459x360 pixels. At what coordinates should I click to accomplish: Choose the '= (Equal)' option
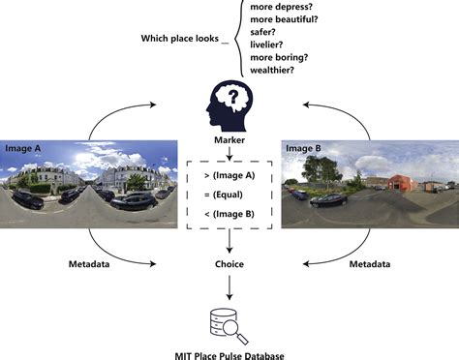(229, 194)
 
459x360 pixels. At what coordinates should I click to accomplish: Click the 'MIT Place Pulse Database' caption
(229, 351)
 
